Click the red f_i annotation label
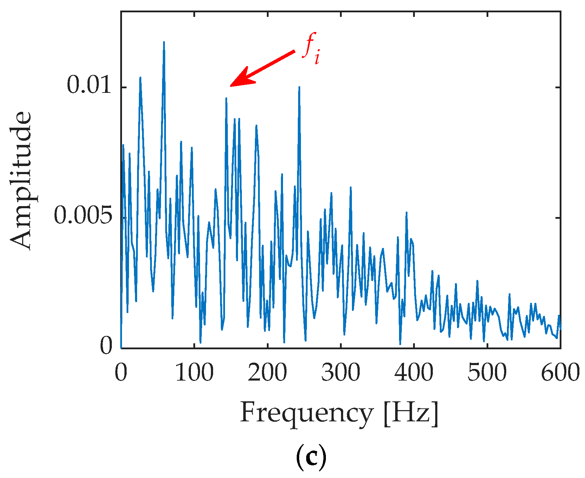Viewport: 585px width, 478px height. (311, 49)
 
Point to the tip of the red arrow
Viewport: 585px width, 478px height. (231, 85)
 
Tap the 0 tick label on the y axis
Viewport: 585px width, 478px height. (107, 346)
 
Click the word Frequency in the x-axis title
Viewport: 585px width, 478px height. (306, 414)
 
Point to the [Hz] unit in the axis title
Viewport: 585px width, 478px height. (411, 414)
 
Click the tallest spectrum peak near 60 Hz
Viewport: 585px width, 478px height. (164, 42)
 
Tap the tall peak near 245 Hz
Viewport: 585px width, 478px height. (299, 87)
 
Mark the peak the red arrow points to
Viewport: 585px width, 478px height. (226, 98)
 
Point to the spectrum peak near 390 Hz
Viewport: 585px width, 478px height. (406, 212)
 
